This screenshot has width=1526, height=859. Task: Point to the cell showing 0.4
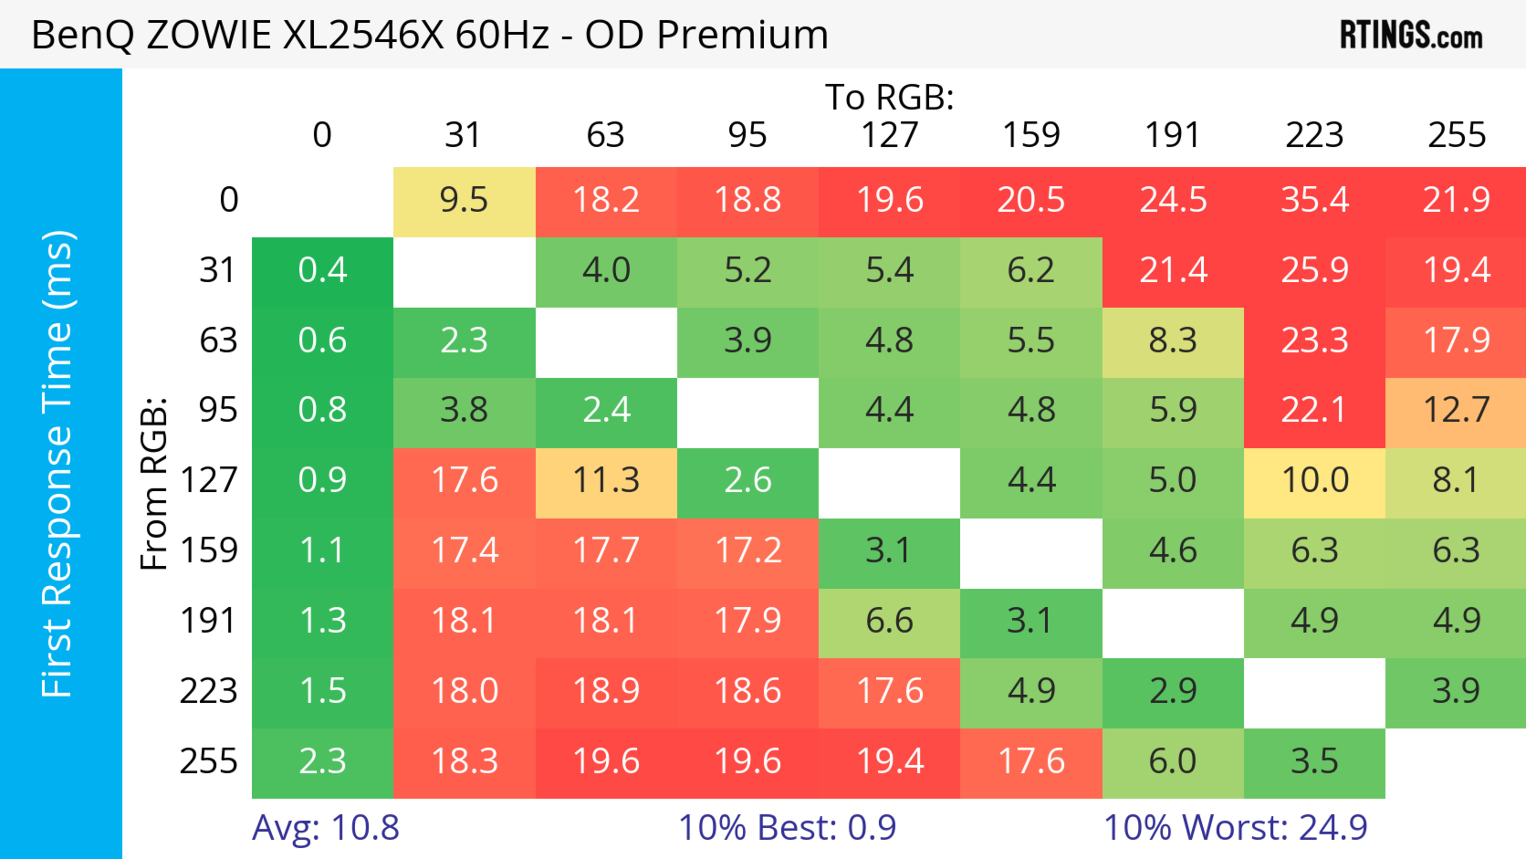[322, 271]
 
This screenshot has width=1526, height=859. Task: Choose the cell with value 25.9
[1315, 271]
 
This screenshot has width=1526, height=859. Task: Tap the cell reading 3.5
[1315, 761]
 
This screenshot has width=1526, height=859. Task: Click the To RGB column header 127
[889, 135]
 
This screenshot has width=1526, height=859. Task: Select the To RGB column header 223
[1315, 135]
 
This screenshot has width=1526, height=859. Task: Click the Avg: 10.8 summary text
[325, 828]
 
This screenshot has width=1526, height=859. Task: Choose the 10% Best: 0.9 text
[787, 828]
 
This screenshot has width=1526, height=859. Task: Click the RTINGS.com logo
[1411, 35]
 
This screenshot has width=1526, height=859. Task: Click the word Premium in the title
[742, 35]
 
